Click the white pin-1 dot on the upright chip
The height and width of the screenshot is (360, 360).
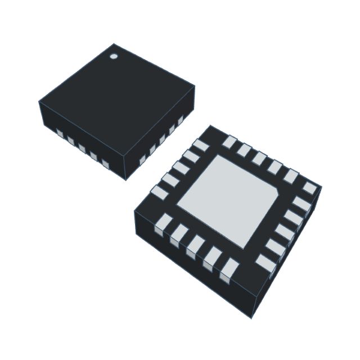click(x=113, y=56)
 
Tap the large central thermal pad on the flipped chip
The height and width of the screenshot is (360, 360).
click(x=227, y=200)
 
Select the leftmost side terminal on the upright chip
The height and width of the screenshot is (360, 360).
click(x=60, y=133)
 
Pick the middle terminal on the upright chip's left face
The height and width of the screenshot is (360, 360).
click(x=82, y=148)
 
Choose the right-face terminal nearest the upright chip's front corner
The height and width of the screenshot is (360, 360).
click(x=142, y=160)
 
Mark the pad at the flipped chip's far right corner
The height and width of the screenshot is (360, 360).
click(x=310, y=187)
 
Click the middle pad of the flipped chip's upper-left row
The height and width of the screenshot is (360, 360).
click(x=179, y=168)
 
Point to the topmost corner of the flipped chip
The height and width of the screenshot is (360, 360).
click(x=210, y=125)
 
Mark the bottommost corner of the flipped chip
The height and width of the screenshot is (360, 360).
click(x=251, y=318)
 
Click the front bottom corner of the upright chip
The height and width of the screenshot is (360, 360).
click(x=125, y=180)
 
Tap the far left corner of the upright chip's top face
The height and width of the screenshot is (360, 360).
click(x=39, y=102)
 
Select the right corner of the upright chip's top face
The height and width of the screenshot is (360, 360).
click(x=195, y=86)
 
